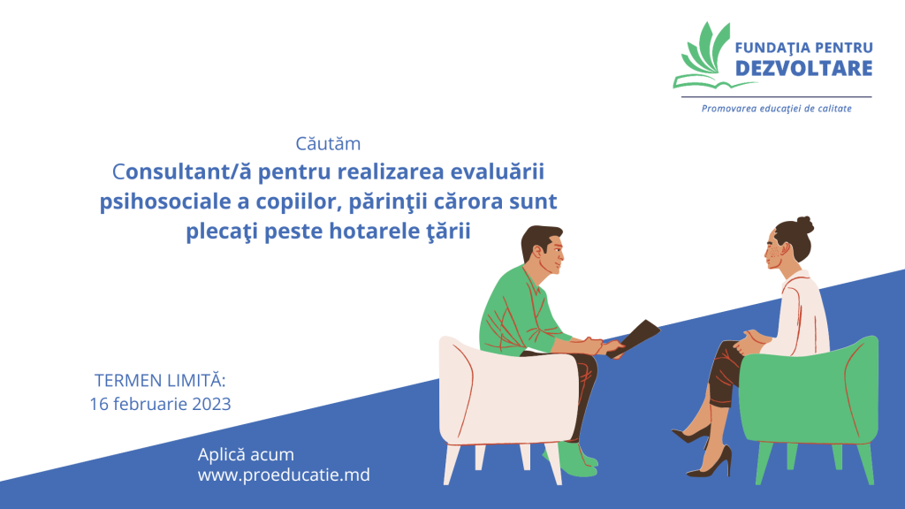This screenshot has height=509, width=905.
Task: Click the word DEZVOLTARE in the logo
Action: pyautogui.click(x=803, y=68)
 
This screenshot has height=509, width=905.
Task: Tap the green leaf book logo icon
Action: pyautogui.click(x=707, y=56)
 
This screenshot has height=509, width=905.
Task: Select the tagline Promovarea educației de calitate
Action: pyautogui.click(x=776, y=109)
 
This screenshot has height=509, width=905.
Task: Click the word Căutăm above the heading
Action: pyautogui.click(x=328, y=143)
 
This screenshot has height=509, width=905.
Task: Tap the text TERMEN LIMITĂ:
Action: pyautogui.click(x=160, y=380)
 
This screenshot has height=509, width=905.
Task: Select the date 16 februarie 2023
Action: pyautogui.click(x=160, y=404)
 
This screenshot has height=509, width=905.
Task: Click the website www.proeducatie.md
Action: pyautogui.click(x=284, y=475)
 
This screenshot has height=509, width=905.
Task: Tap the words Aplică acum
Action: pyautogui.click(x=246, y=454)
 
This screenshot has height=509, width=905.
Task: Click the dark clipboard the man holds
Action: pyautogui.click(x=633, y=338)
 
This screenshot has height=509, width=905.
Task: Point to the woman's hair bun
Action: pyautogui.click(x=804, y=225)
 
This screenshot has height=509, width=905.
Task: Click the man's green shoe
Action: pyautogui.click(x=572, y=460)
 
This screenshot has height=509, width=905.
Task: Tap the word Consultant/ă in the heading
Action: pyautogui.click(x=181, y=171)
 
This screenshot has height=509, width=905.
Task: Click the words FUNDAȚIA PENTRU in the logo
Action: pyautogui.click(x=803, y=48)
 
